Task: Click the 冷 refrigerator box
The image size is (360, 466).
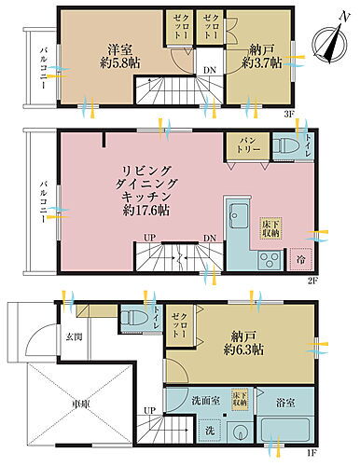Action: click(299, 259)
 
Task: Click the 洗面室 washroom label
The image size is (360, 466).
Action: click(202, 401)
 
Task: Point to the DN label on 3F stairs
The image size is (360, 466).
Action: click(210, 69)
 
